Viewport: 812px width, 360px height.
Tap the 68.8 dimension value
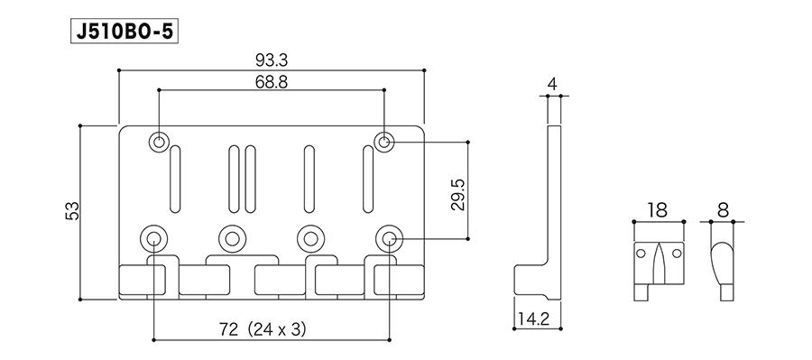(272, 81)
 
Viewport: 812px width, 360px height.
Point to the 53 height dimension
(73, 210)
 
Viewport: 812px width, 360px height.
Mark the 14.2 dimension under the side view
(538, 317)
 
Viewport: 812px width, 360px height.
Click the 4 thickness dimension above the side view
(552, 85)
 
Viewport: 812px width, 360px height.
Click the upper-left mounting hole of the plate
(160, 142)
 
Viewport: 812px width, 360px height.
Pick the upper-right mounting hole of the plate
(385, 142)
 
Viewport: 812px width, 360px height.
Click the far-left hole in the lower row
(154, 238)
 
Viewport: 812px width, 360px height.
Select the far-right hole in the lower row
(390, 238)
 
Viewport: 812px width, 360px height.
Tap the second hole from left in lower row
(233, 238)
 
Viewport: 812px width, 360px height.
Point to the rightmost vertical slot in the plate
(368, 178)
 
